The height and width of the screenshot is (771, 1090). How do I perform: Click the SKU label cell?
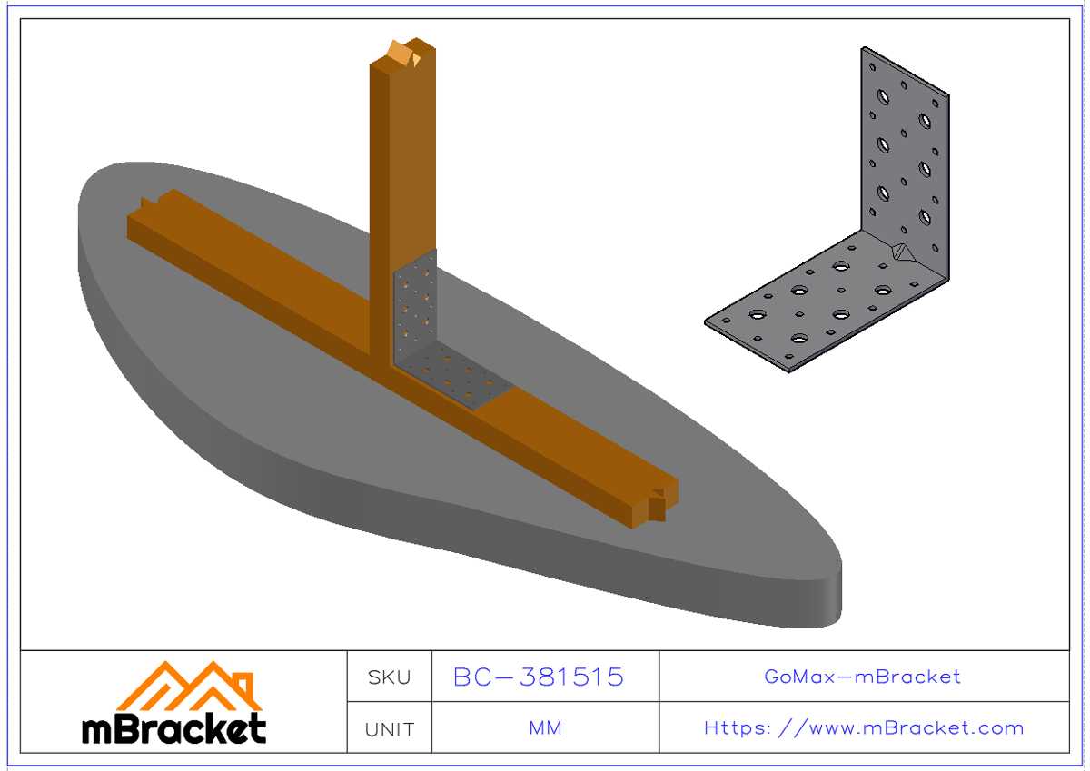(389, 677)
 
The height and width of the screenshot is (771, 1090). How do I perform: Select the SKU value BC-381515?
(539, 677)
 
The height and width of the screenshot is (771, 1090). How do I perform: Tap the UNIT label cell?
(389, 728)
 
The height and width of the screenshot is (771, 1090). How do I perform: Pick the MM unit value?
(545, 728)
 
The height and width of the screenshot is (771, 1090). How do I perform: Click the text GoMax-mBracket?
(862, 677)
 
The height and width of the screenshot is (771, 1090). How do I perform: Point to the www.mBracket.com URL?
(863, 728)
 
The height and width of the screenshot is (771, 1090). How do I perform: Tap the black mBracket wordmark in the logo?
(174, 728)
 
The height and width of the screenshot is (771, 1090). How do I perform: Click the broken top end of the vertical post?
(402, 54)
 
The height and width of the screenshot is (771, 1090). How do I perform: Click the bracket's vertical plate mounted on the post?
(416, 304)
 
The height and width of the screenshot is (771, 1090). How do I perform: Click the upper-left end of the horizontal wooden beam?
(145, 218)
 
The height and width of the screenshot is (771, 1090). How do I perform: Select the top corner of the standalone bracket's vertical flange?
(865, 51)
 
